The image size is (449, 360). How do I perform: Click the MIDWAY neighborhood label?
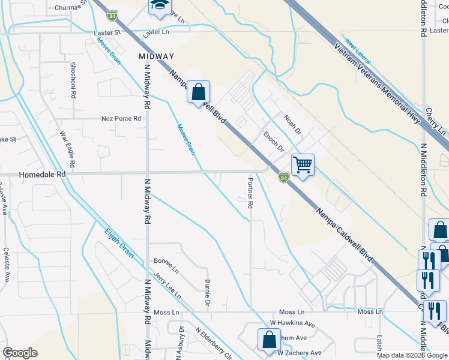[x=156, y=56]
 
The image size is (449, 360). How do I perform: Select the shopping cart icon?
[x=303, y=164]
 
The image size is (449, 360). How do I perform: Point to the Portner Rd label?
[x=250, y=193]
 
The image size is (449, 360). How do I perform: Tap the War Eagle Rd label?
[x=67, y=149]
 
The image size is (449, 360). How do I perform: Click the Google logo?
[x=20, y=353]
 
